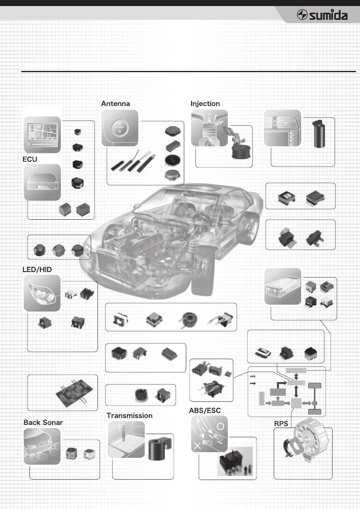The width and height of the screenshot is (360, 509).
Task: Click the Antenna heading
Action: [116, 104]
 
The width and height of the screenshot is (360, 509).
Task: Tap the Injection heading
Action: [205, 104]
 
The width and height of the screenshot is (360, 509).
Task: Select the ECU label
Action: [29, 160]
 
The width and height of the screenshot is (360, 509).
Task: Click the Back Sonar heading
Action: [43, 422]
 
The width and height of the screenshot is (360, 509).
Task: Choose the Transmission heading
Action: [129, 416]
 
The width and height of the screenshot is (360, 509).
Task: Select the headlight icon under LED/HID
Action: [42, 293]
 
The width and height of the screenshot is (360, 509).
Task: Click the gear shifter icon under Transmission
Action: [126, 439]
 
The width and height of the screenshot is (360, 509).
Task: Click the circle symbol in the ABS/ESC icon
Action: [221, 426]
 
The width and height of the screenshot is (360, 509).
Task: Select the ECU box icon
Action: [42, 182]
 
